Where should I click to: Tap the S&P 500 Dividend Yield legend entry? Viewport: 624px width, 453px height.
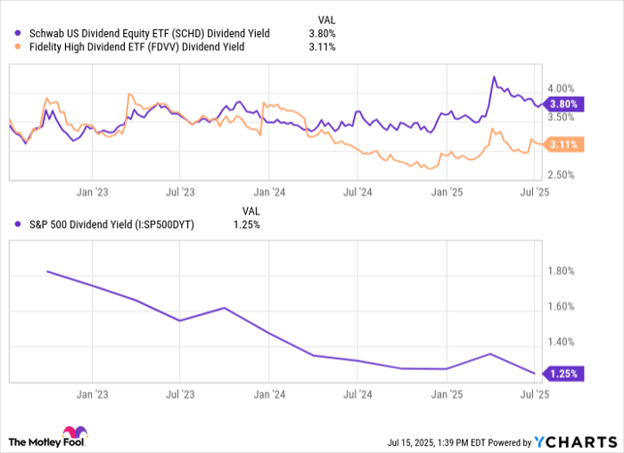[105, 224]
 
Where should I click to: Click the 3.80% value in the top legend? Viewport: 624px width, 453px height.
[321, 33]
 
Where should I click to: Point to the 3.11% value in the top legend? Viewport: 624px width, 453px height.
[321, 46]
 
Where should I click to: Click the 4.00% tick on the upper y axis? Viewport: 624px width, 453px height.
[562, 88]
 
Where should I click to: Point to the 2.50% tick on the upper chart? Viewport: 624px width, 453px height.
[562, 174]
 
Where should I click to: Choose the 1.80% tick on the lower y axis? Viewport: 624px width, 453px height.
[562, 271]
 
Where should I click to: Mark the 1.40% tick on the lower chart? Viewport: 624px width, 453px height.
[562, 342]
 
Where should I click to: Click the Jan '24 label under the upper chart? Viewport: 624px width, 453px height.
[269, 191]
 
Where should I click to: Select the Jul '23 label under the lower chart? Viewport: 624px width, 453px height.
[181, 392]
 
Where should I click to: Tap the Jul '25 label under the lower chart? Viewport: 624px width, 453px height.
[534, 392]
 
